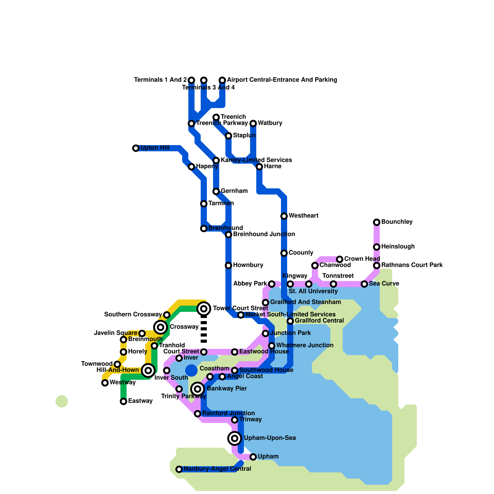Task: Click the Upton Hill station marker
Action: [x=136, y=148]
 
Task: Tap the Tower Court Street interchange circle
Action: [x=204, y=308]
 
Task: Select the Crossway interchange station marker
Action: [x=161, y=327]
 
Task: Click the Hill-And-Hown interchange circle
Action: [x=148, y=370]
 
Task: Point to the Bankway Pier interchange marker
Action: [x=198, y=389]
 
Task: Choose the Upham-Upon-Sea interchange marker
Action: [x=235, y=438]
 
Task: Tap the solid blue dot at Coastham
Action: [x=191, y=371]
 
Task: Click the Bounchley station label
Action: [x=397, y=222]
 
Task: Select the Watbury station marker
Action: [x=253, y=124]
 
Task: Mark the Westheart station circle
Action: [x=284, y=216]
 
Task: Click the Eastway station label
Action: [x=140, y=401]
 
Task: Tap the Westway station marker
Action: [x=105, y=383]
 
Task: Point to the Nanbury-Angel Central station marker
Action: [x=179, y=469]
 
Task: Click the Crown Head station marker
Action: [x=340, y=259]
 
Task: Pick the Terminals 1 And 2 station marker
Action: [x=191, y=80]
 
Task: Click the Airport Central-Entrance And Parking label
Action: [x=282, y=80]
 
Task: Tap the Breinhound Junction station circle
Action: [x=228, y=235]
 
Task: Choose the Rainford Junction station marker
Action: [x=198, y=414]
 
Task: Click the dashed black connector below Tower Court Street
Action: [x=204, y=330]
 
